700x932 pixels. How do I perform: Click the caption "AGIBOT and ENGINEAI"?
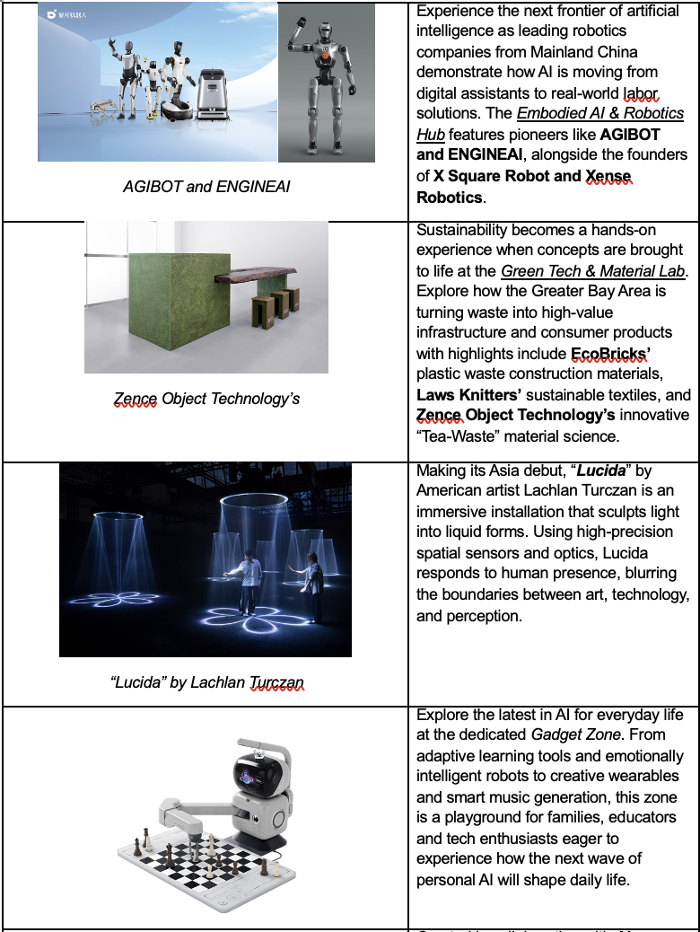(206, 187)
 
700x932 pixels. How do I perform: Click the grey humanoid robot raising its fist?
(328, 85)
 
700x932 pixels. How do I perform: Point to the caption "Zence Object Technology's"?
(206, 399)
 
